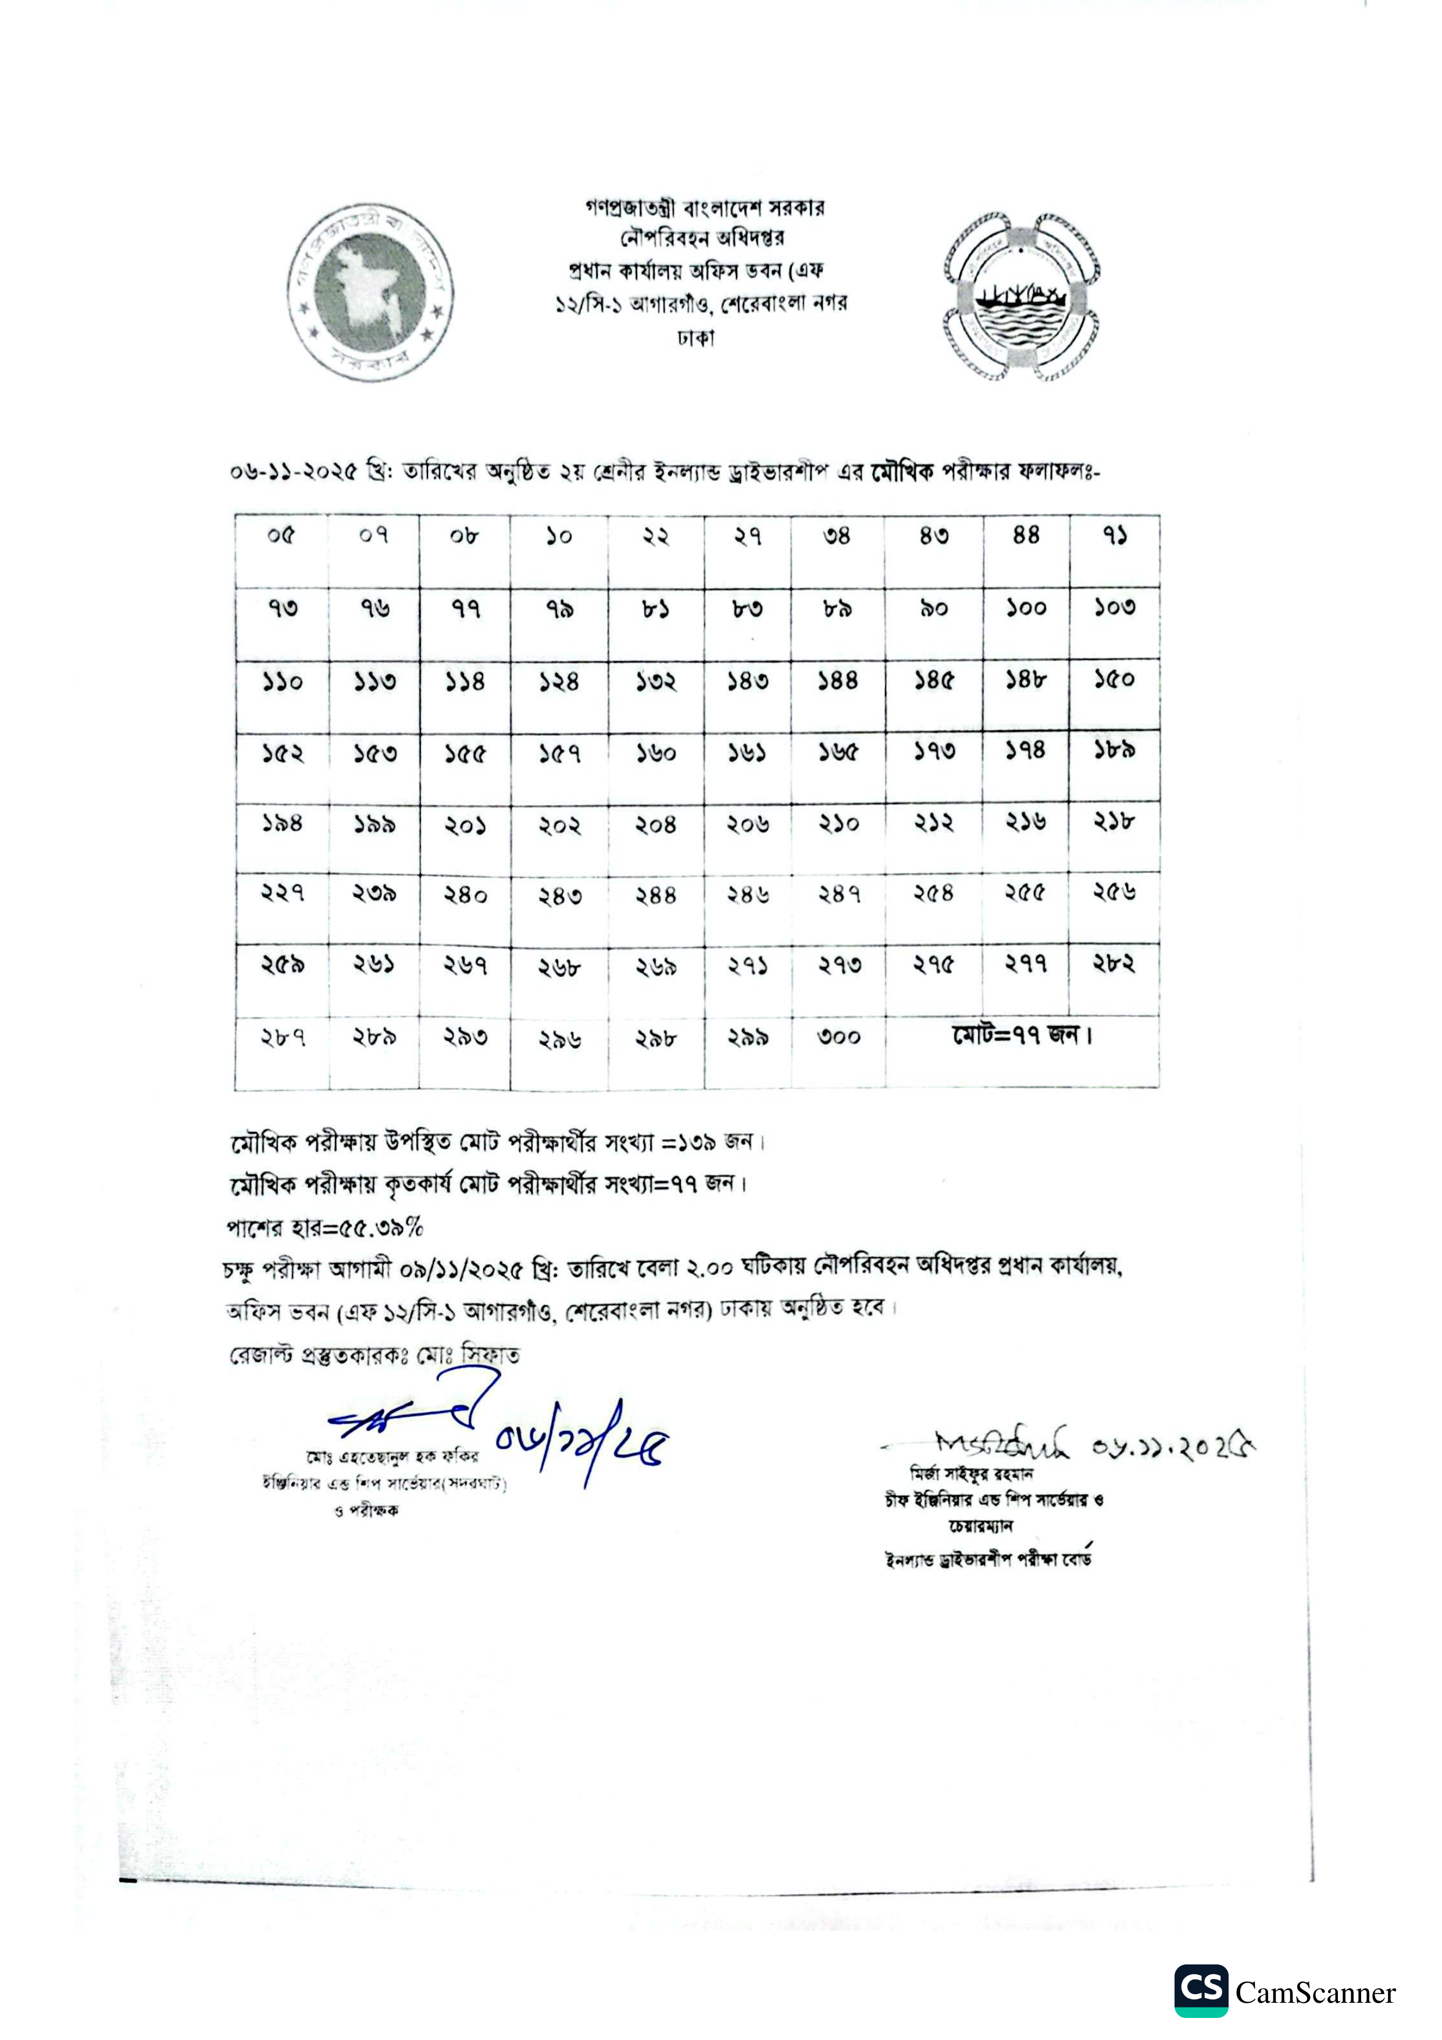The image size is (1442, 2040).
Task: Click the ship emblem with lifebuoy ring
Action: click(1021, 296)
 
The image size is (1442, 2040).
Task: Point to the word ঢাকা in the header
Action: click(695, 338)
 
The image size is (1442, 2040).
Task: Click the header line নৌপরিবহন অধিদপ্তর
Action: click(702, 238)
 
